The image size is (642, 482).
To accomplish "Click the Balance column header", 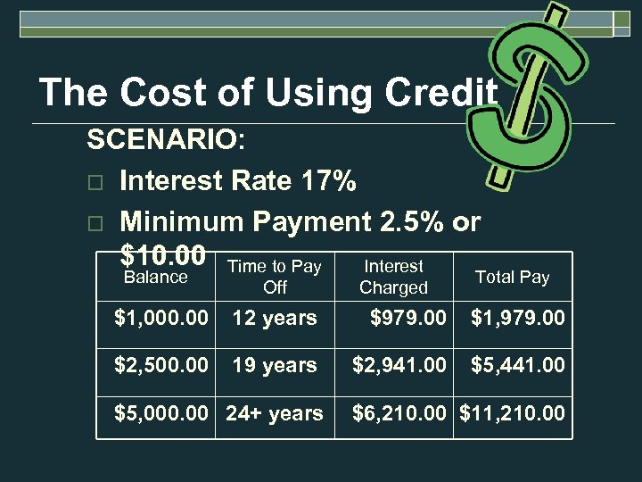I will [155, 278].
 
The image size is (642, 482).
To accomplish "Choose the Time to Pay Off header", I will [275, 277].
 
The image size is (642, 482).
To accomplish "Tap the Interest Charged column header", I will [393, 277].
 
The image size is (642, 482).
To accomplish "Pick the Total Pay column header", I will [512, 277].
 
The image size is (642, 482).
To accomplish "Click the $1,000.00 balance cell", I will [161, 318].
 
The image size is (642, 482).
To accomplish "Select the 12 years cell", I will [275, 318].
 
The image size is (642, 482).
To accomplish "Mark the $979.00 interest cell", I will [407, 318].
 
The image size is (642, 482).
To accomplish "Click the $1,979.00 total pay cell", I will [517, 318].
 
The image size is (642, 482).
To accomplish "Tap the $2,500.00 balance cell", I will [161, 365].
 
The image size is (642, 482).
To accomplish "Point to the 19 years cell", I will [275, 365].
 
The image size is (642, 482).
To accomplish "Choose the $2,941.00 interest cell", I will [399, 365].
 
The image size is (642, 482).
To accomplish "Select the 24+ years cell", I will [275, 413].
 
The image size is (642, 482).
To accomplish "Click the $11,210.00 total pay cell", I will [512, 413].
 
